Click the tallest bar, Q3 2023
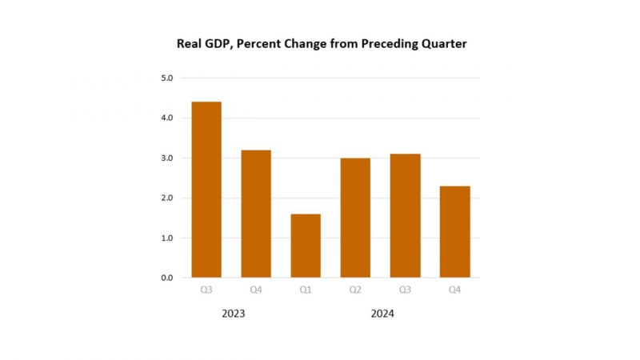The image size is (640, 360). tap(206, 190)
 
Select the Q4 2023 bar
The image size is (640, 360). tap(256, 214)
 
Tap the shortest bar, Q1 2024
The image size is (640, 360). tap(306, 246)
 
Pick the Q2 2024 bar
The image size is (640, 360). tap(355, 218)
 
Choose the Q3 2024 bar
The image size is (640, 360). tap(405, 215)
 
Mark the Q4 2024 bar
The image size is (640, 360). tap(454, 231)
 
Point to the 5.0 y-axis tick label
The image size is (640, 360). tap(167, 78)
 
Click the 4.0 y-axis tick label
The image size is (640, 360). tap(167, 118)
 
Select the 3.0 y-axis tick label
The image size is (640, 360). tap(167, 158)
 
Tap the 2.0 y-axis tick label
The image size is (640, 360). tap(167, 198)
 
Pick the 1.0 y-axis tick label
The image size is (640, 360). tap(167, 238)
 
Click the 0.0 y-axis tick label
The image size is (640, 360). tap(167, 278)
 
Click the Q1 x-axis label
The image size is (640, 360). tap(306, 290)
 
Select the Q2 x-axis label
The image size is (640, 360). tap(355, 290)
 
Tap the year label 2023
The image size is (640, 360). tap(233, 314)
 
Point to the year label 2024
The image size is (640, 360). tap(382, 314)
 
